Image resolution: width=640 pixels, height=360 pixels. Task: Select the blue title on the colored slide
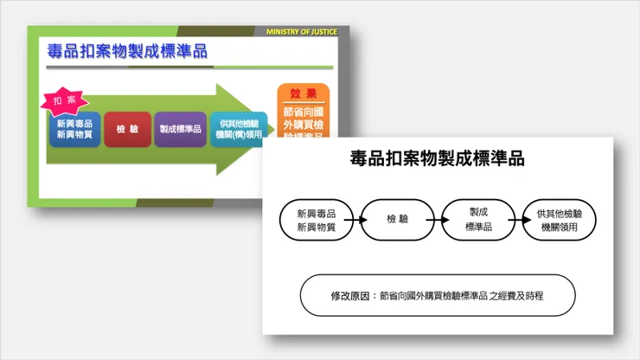coord(128,52)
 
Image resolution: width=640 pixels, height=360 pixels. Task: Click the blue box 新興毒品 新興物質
coord(74,130)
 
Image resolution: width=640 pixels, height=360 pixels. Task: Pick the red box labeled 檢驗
coord(127,130)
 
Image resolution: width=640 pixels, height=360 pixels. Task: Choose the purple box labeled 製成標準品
coord(180,130)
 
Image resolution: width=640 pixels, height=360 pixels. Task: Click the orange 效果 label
coord(303,93)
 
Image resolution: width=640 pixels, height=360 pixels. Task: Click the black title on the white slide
coord(438,159)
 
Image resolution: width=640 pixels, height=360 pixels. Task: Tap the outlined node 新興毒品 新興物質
coord(316,220)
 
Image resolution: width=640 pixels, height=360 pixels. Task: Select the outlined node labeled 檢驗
coord(398,220)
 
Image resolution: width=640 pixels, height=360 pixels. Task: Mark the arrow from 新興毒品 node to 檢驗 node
coord(356,220)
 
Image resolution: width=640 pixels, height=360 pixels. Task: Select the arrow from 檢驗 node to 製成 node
coord(438,220)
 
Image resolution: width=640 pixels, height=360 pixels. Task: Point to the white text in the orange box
coord(303,122)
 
